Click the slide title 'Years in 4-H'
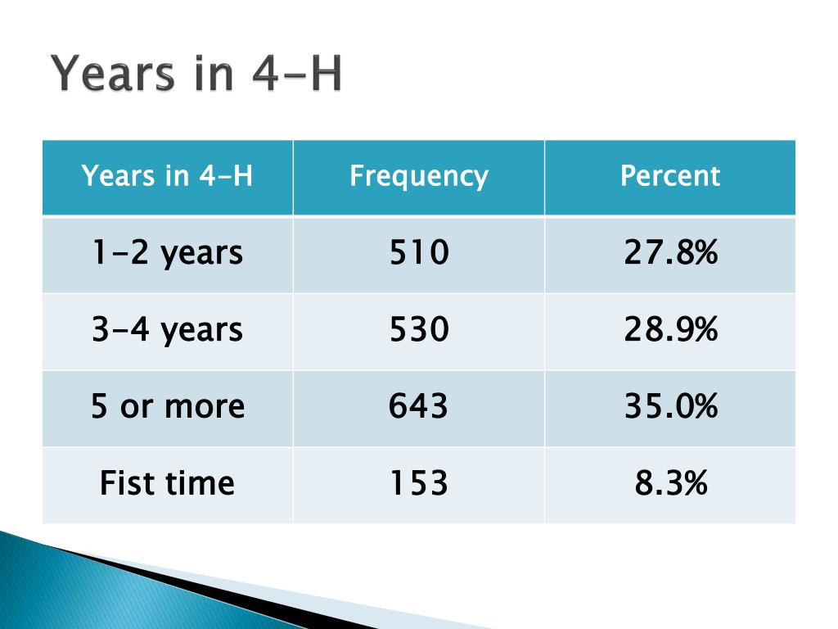[x=196, y=74]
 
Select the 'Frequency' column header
[x=419, y=176]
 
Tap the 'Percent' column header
[x=670, y=175]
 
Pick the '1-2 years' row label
[x=167, y=253]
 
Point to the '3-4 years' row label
[x=167, y=329]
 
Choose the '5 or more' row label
[x=168, y=406]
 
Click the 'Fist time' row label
[x=167, y=482]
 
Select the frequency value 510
[x=419, y=252]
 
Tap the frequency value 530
[x=419, y=329]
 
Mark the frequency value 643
[x=418, y=405]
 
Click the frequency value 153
[x=419, y=482]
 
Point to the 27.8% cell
[x=671, y=252]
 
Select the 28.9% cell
[x=671, y=329]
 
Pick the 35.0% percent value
[x=671, y=405]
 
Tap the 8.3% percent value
[x=671, y=482]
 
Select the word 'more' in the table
[x=205, y=408]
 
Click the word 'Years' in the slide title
[x=113, y=74]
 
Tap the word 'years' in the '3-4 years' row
[x=202, y=332]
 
